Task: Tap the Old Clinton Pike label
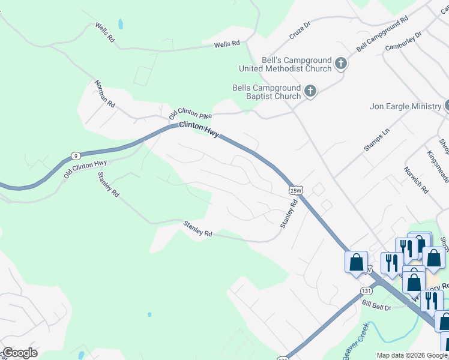pos(190,113)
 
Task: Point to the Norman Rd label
pos(104,94)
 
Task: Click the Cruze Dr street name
pos(300,31)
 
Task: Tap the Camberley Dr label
pos(403,40)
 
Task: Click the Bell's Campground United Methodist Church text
pos(297,65)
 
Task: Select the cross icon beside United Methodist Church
pos(341,63)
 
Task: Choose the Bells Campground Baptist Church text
pos(267,92)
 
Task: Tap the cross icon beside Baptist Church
pos(310,91)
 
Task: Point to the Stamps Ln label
pos(377,140)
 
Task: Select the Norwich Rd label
pos(416,179)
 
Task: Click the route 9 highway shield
pos(74,155)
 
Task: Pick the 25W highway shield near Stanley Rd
pos(295,190)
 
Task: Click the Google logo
pos(20,353)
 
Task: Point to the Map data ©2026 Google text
pos(411,355)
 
